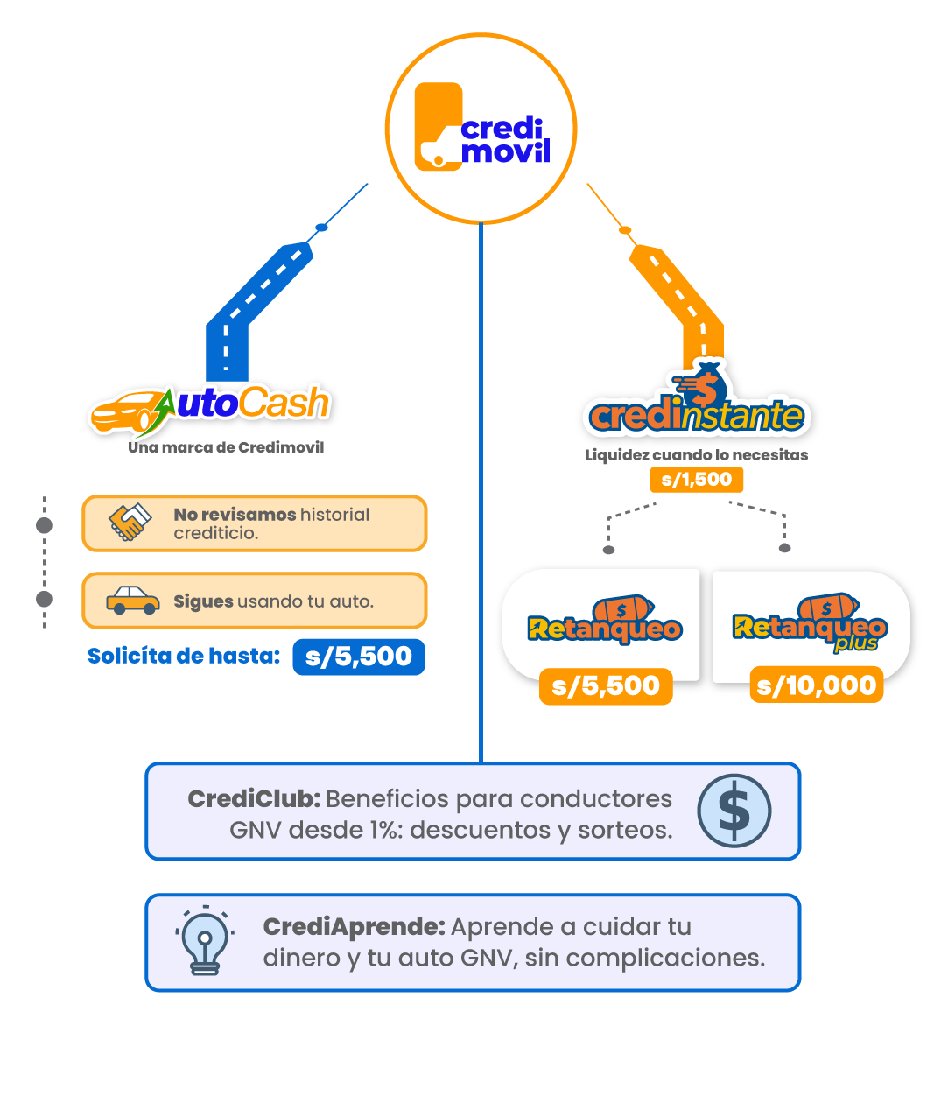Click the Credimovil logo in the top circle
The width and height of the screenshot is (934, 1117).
[481, 128]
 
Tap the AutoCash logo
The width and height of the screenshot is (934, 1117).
[211, 408]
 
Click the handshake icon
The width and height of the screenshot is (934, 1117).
[129, 523]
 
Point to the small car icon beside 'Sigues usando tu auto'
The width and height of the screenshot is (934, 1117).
[133, 600]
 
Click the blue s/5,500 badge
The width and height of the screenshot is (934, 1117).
[358, 657]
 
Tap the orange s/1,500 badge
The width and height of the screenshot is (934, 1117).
[697, 480]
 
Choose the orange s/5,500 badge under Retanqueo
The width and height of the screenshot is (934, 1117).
[606, 685]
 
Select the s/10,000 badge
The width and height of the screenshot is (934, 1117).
[817, 685]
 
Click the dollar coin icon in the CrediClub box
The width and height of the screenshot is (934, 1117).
[734, 811]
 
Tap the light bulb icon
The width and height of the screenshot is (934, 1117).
[204, 942]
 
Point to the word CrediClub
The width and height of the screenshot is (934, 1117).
[254, 798]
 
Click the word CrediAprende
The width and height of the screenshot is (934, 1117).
[354, 926]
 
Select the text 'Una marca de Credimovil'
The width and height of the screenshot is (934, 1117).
[226, 447]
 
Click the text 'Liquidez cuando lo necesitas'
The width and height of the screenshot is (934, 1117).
[696, 455]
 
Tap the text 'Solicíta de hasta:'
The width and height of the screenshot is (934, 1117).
[184, 656]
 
